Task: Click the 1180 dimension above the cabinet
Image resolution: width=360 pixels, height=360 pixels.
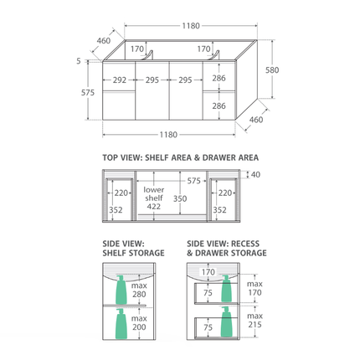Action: [x=190, y=26]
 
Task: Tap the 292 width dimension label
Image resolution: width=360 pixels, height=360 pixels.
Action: [x=120, y=81]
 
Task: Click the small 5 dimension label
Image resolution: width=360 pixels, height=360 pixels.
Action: [x=78, y=60]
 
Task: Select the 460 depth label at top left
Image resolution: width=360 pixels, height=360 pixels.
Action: [x=103, y=40]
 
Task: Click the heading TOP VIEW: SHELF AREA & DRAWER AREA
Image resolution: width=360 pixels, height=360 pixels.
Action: [x=180, y=157]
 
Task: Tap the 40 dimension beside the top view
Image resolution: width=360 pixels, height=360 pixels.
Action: [x=255, y=175]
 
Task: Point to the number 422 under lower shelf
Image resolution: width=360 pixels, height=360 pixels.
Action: [x=153, y=207]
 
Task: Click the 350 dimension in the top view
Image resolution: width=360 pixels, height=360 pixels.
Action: [x=179, y=199]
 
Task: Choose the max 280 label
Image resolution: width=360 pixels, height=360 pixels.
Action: [x=139, y=290]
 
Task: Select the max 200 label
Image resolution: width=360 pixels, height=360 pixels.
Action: [x=139, y=323]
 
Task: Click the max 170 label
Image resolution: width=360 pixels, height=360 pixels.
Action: [x=255, y=289]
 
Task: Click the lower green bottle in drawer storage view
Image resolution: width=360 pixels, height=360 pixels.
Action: [x=225, y=321]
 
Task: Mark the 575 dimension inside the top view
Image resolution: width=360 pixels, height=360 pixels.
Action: [x=193, y=181]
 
